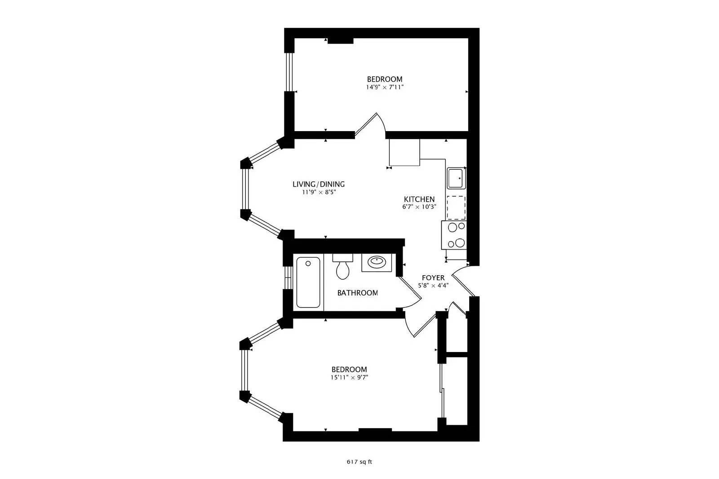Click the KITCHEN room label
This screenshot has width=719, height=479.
419,199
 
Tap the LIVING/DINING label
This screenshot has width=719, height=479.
319,185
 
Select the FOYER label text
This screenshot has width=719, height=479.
433,277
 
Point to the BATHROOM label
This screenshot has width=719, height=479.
357,293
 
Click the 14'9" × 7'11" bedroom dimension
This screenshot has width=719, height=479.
385,87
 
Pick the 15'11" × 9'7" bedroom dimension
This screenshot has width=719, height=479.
349,378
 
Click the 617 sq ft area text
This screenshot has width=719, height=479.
359,462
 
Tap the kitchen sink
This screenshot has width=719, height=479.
457,178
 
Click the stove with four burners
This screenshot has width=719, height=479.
454,235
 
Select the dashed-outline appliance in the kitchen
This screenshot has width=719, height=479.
456,208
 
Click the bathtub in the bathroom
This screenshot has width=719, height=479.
308,282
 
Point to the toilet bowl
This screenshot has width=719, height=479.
343,270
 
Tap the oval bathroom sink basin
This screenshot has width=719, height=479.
377,262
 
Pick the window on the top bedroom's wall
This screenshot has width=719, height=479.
289,72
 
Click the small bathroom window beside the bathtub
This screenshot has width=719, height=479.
288,277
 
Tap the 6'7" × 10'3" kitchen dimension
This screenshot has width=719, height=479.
419,207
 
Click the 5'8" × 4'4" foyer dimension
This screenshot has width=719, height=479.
433,286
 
